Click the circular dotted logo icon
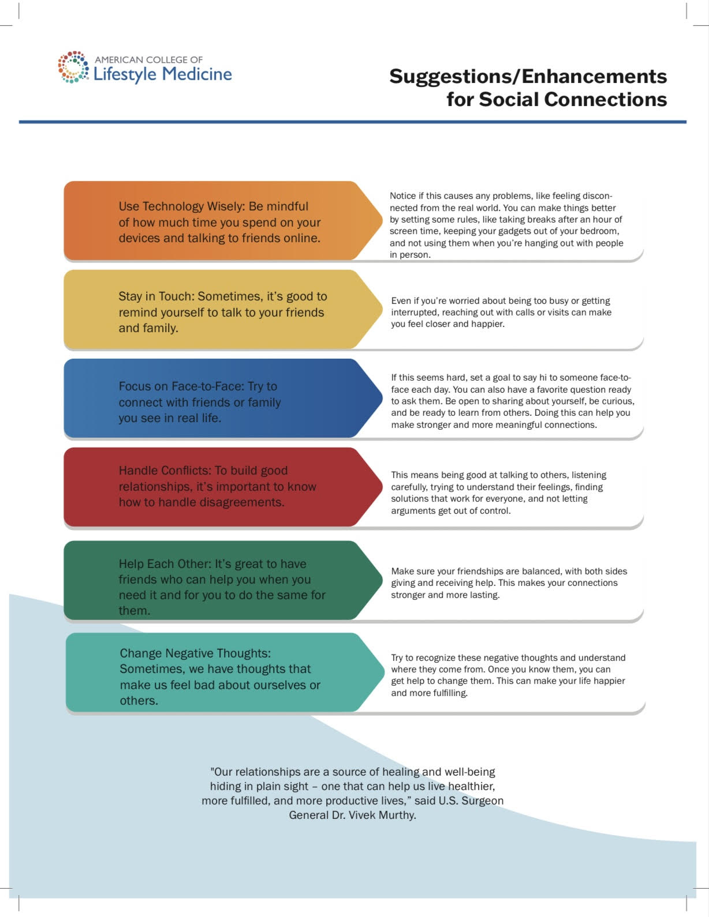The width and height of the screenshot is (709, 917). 73,67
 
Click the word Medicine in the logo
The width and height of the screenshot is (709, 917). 197,74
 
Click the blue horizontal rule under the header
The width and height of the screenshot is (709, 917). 353,122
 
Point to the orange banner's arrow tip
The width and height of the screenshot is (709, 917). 382,220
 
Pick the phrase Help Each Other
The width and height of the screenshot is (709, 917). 165,564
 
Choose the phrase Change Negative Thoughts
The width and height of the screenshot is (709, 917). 195,653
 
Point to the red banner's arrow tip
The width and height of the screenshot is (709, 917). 382,487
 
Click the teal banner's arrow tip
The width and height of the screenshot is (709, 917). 384,672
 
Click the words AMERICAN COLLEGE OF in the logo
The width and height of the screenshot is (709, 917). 148,60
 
